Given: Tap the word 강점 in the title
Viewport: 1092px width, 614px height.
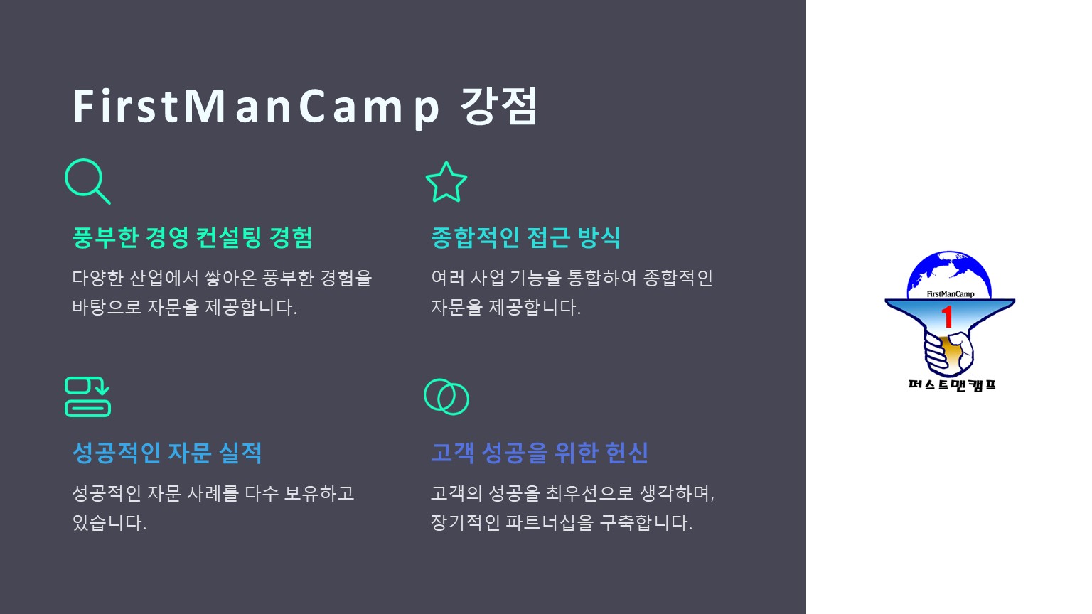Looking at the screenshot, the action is [498, 106].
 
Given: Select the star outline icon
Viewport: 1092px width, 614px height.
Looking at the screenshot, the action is [446, 182].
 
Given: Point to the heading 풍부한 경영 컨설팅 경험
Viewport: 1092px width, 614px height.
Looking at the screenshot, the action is [192, 238].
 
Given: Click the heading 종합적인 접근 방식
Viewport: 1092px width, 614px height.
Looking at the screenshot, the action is [525, 238].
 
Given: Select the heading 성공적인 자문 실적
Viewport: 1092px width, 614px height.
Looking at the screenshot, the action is [167, 453].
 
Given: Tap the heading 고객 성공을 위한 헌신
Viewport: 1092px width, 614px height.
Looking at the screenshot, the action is [540, 453].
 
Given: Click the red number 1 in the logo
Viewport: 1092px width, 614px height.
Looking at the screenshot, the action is [947, 317].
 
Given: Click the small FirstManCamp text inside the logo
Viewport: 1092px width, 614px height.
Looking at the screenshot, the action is [950, 293].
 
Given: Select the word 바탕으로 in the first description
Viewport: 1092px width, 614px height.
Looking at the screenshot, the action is [107, 307].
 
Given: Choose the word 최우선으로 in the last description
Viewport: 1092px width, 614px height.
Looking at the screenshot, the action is [589, 494].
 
